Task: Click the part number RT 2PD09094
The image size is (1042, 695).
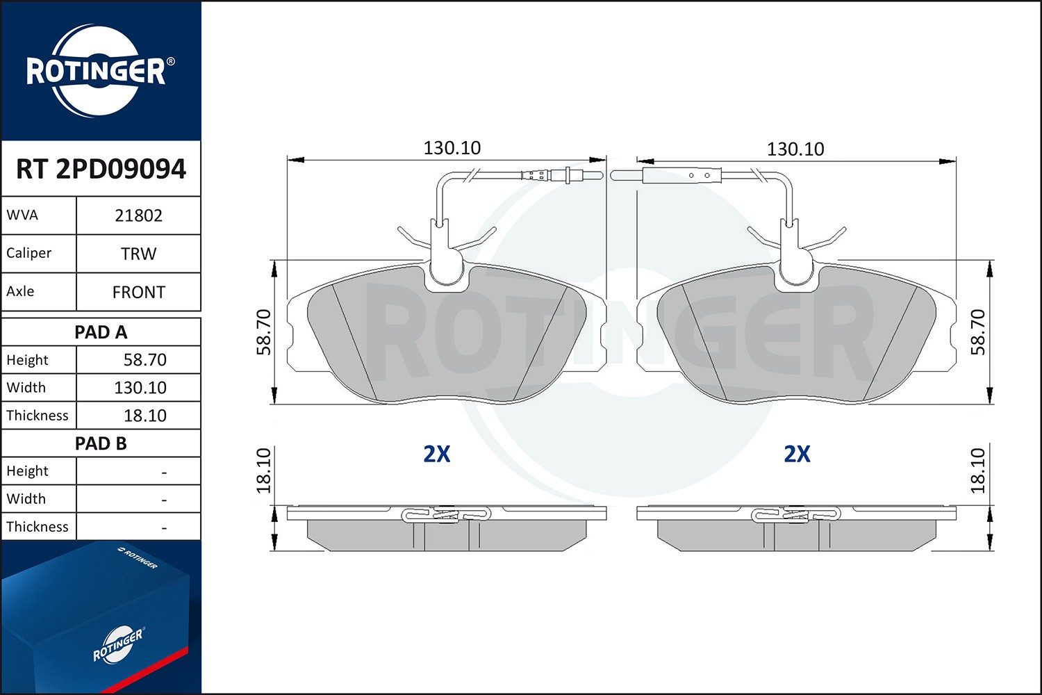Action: (101, 169)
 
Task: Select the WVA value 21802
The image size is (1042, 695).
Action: (138, 215)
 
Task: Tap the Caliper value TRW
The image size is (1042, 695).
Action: (138, 254)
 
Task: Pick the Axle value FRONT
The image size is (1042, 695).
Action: (138, 292)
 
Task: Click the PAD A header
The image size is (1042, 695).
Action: (101, 332)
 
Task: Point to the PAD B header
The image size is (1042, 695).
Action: (101, 443)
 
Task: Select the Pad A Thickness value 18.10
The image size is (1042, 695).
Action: (144, 416)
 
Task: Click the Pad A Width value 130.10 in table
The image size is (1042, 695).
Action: (140, 388)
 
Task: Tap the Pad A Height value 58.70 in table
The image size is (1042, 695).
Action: (144, 360)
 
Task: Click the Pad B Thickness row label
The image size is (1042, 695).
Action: (38, 527)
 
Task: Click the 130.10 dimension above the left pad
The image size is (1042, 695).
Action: (452, 148)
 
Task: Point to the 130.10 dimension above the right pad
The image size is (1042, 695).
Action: (795, 149)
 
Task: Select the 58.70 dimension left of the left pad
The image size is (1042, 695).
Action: (264, 332)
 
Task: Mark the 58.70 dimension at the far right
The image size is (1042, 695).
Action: (978, 332)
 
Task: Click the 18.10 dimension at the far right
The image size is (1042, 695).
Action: (978, 471)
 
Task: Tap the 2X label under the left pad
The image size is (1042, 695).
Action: (437, 454)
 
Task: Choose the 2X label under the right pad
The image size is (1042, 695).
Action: (797, 454)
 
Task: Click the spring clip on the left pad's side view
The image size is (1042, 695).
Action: (446, 515)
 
